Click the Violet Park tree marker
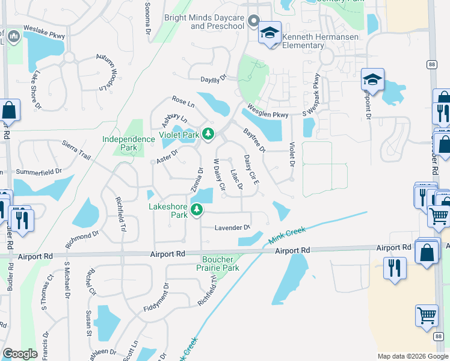(x=208, y=134)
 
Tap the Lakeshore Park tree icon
(x=196, y=210)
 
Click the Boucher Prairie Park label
(x=220, y=264)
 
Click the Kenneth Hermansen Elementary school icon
(x=270, y=33)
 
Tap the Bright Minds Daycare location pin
(x=253, y=22)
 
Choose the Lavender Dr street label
(x=232, y=227)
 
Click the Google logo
(x=20, y=354)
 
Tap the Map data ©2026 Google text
(x=413, y=356)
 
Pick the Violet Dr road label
(x=292, y=154)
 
